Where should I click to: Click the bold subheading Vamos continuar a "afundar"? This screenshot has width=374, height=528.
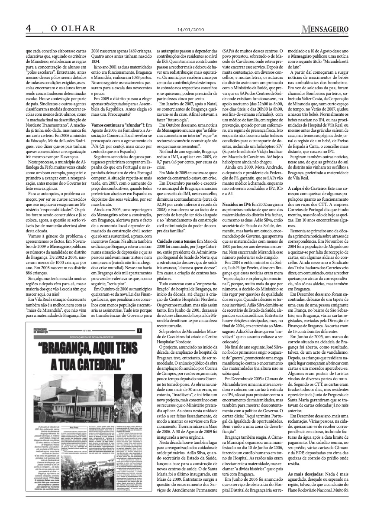(x=115, y=125)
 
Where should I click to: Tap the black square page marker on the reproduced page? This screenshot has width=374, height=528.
(x=139, y=330)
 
